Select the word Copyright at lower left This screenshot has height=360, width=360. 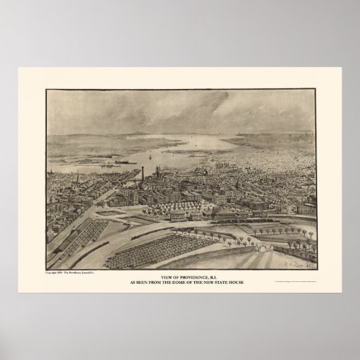click(52, 271)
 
